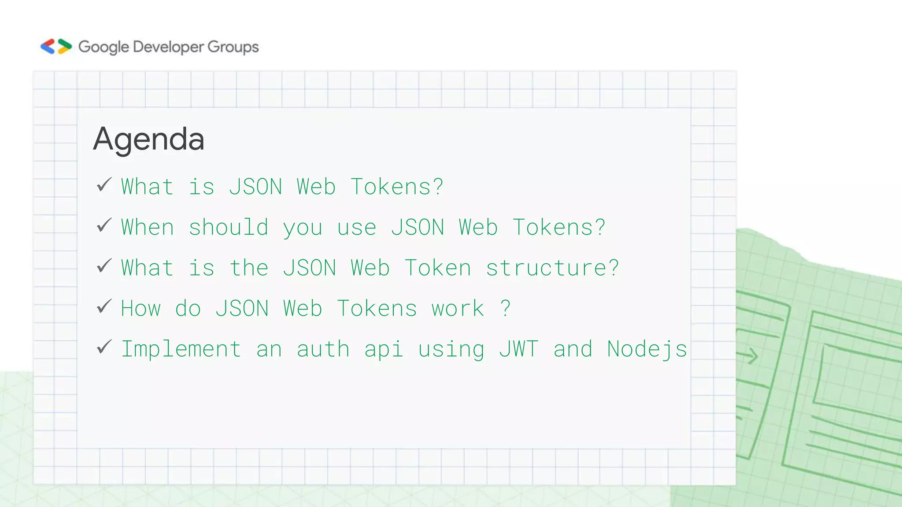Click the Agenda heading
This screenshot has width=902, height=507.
click(x=149, y=140)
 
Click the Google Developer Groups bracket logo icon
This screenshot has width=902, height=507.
click(x=56, y=46)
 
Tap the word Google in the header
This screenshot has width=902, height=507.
click(x=104, y=47)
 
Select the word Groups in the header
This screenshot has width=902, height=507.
click(x=233, y=47)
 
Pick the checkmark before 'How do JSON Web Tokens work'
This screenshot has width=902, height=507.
click(x=104, y=306)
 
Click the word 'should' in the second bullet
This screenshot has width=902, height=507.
click(x=229, y=228)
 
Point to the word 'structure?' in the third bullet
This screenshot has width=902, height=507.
click(x=552, y=268)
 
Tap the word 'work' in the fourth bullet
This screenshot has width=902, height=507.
click(x=458, y=309)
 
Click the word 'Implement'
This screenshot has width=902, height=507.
click(x=181, y=349)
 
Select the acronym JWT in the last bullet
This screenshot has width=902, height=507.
click(x=518, y=349)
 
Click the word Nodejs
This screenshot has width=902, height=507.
click(x=647, y=349)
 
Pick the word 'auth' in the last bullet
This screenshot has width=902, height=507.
click(x=323, y=349)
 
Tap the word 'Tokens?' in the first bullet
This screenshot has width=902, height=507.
click(x=397, y=187)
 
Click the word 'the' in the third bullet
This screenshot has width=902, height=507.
click(x=249, y=268)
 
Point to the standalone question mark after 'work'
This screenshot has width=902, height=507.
click(x=506, y=308)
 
